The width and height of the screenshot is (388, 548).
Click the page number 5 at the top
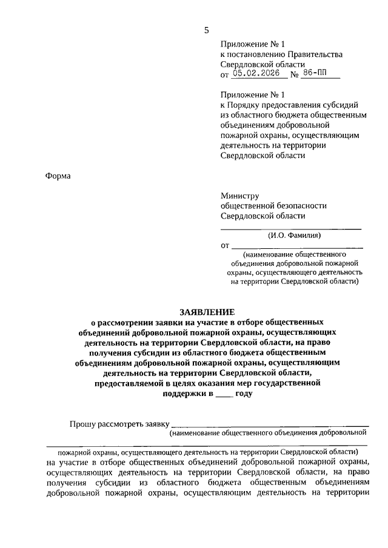tap(207, 30)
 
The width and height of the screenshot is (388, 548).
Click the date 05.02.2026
tap(260, 74)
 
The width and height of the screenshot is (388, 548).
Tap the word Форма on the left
tap(58, 176)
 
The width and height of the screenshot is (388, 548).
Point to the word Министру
tap(240, 196)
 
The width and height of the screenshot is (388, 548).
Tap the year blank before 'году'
tap(224, 395)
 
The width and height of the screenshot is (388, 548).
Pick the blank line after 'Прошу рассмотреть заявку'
tap(270, 426)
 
